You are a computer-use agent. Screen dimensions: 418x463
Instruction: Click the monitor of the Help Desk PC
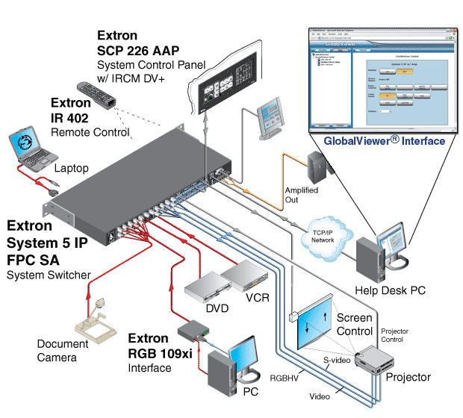[393, 246]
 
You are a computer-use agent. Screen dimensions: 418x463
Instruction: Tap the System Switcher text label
[49, 275]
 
